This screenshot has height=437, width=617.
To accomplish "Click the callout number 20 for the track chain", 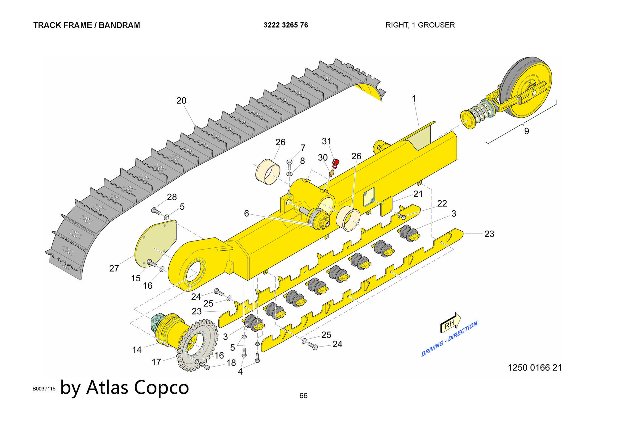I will [181, 101].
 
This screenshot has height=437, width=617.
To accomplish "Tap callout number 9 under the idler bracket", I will [527, 131].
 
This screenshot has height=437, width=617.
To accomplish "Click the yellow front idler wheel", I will [528, 86].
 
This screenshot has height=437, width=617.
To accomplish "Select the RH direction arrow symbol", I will [450, 323].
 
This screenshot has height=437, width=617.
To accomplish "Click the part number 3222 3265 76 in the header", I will [286, 25].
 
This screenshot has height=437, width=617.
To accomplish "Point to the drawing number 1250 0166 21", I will [535, 368].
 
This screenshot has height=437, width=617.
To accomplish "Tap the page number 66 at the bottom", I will [303, 396].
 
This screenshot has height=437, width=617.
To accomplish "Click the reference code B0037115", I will [44, 389].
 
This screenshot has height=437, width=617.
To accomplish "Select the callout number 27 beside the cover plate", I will [114, 268].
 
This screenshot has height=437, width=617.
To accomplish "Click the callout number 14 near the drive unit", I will [137, 350].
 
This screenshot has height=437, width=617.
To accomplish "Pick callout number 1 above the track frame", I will [414, 99].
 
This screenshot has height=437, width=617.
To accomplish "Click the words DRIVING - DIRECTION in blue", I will [449, 339].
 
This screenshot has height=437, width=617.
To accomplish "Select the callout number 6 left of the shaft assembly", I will [246, 213].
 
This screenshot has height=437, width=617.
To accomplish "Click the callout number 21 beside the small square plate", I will [418, 194].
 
